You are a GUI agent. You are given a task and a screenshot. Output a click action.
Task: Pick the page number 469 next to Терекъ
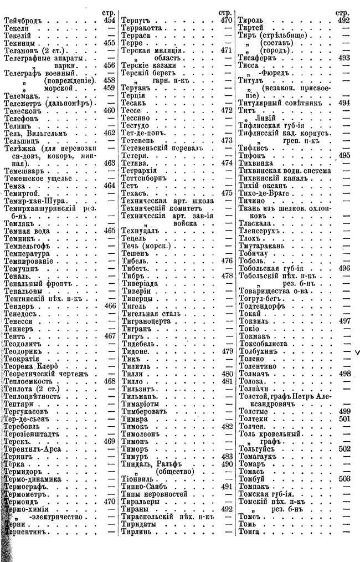click(x=109, y=441)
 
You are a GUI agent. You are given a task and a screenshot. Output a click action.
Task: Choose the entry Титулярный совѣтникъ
click(x=282, y=103)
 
